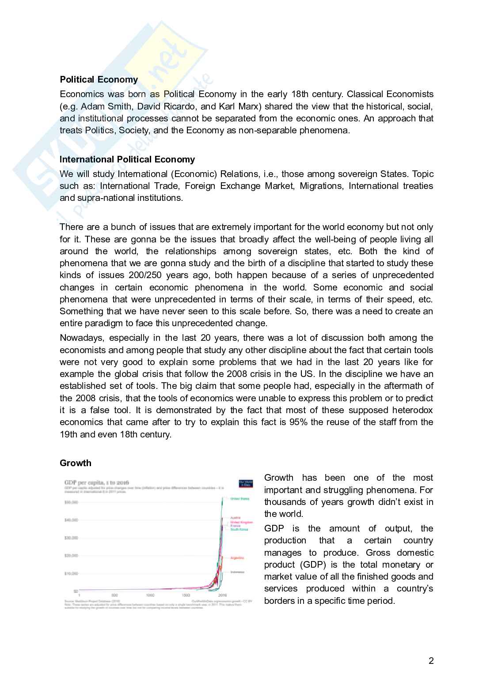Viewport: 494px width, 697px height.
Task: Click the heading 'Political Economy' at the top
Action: (99, 79)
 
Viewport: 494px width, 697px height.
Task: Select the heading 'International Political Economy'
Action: (127, 159)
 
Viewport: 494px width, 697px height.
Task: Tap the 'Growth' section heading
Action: (76, 463)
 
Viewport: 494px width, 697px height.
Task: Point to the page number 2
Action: (431, 661)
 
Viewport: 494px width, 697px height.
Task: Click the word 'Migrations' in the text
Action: (321, 186)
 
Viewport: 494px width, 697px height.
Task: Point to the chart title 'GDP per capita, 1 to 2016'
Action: (97, 482)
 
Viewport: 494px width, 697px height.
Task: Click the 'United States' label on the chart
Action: (239, 499)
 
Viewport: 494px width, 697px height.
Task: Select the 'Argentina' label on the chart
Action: (237, 558)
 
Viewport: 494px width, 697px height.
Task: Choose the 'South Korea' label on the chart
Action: (239, 529)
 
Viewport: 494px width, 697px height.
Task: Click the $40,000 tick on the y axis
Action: (71, 520)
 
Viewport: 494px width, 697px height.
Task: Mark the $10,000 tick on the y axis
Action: (71, 573)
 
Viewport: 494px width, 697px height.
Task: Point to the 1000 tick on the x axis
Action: (150, 595)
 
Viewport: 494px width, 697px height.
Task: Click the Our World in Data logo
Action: (246, 483)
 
